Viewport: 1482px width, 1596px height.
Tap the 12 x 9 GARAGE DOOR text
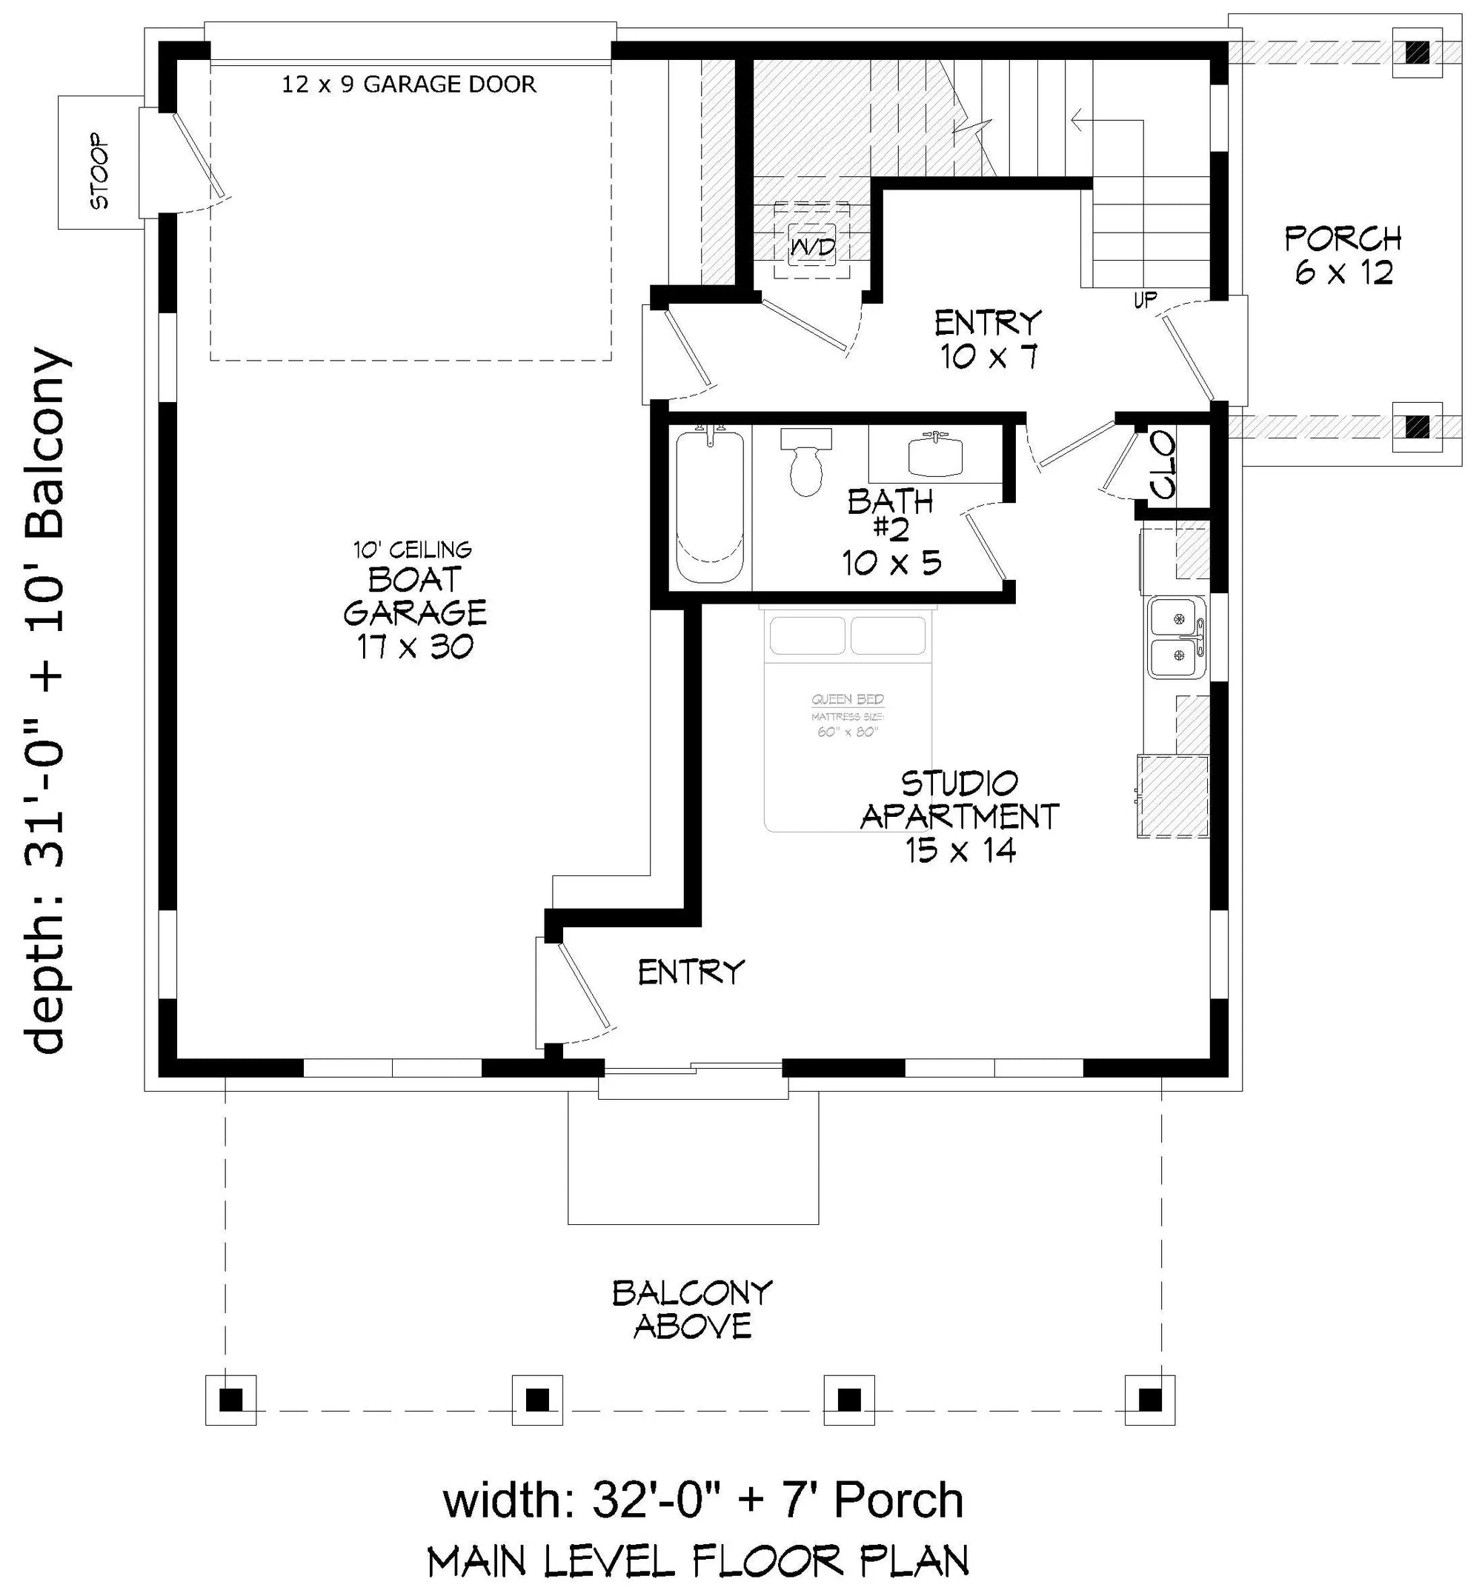click(409, 84)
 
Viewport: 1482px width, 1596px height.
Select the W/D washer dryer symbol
click(811, 247)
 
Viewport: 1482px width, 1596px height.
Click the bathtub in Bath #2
click(710, 507)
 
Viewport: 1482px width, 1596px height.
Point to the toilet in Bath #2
click(806, 464)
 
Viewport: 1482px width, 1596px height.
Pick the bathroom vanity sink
click(935, 455)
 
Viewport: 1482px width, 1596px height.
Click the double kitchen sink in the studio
click(1177, 637)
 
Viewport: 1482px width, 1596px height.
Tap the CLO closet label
click(1163, 464)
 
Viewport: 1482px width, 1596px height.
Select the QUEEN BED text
click(848, 700)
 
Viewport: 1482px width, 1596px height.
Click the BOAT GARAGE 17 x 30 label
click(415, 612)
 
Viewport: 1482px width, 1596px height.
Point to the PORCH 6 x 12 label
click(1343, 256)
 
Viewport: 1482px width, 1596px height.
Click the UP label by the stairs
click(1145, 300)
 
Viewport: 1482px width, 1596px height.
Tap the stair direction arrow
click(1107, 123)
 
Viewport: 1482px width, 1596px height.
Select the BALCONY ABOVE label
click(692, 1309)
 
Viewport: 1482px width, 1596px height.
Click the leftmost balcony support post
click(231, 1400)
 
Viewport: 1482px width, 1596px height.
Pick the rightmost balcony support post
click(1150, 1400)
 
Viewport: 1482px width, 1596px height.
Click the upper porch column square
click(1417, 53)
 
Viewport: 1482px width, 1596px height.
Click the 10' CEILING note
click(412, 550)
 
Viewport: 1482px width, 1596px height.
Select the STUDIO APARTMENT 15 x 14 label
click(960, 816)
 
